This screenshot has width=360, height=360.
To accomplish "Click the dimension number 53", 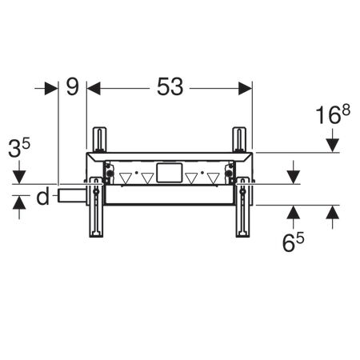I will [169, 87].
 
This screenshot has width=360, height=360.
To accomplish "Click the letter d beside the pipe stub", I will [42, 195].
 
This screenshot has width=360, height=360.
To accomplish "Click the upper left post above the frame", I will [99, 139].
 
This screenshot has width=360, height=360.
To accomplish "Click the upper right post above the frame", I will [238, 139].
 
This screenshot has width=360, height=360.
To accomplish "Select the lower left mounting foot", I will [95, 212].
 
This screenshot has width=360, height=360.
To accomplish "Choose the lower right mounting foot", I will [242, 212].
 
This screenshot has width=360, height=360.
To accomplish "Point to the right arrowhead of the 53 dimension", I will [246, 87].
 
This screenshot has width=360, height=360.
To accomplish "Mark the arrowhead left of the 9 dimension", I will [54, 87].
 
